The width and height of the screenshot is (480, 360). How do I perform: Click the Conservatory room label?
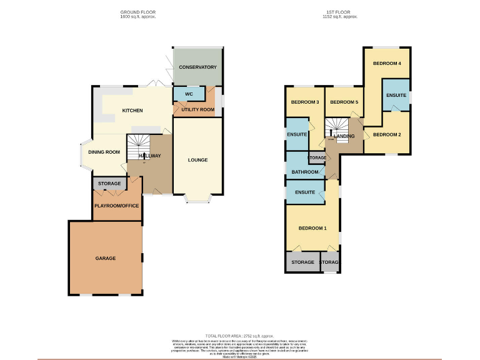pos(197,67)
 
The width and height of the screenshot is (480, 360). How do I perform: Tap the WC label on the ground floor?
pos(189,94)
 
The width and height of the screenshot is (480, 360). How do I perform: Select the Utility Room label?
pos(198,110)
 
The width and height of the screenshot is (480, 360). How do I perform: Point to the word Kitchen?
pos(132,111)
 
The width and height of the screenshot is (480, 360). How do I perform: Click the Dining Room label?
pos(104,152)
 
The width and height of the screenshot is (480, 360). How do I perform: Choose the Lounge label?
pos(197,160)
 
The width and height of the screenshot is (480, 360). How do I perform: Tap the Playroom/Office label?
pos(116,205)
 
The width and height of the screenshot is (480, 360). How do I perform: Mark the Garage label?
pos(106,258)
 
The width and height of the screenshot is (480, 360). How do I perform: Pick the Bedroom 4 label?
pos(387,64)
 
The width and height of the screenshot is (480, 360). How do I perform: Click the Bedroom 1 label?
pos(312,228)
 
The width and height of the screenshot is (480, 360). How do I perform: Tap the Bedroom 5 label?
pos(343,102)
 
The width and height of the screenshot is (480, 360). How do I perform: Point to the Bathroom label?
pos(304,172)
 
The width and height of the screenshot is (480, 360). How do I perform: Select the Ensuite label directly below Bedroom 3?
pos(297,134)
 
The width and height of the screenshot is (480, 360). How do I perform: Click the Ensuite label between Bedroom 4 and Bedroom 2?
pos(396,95)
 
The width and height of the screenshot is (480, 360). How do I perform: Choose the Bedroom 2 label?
pos(386,134)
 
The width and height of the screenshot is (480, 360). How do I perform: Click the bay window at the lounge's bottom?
pos(197,201)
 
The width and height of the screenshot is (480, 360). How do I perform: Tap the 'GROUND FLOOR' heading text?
pos(138,12)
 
